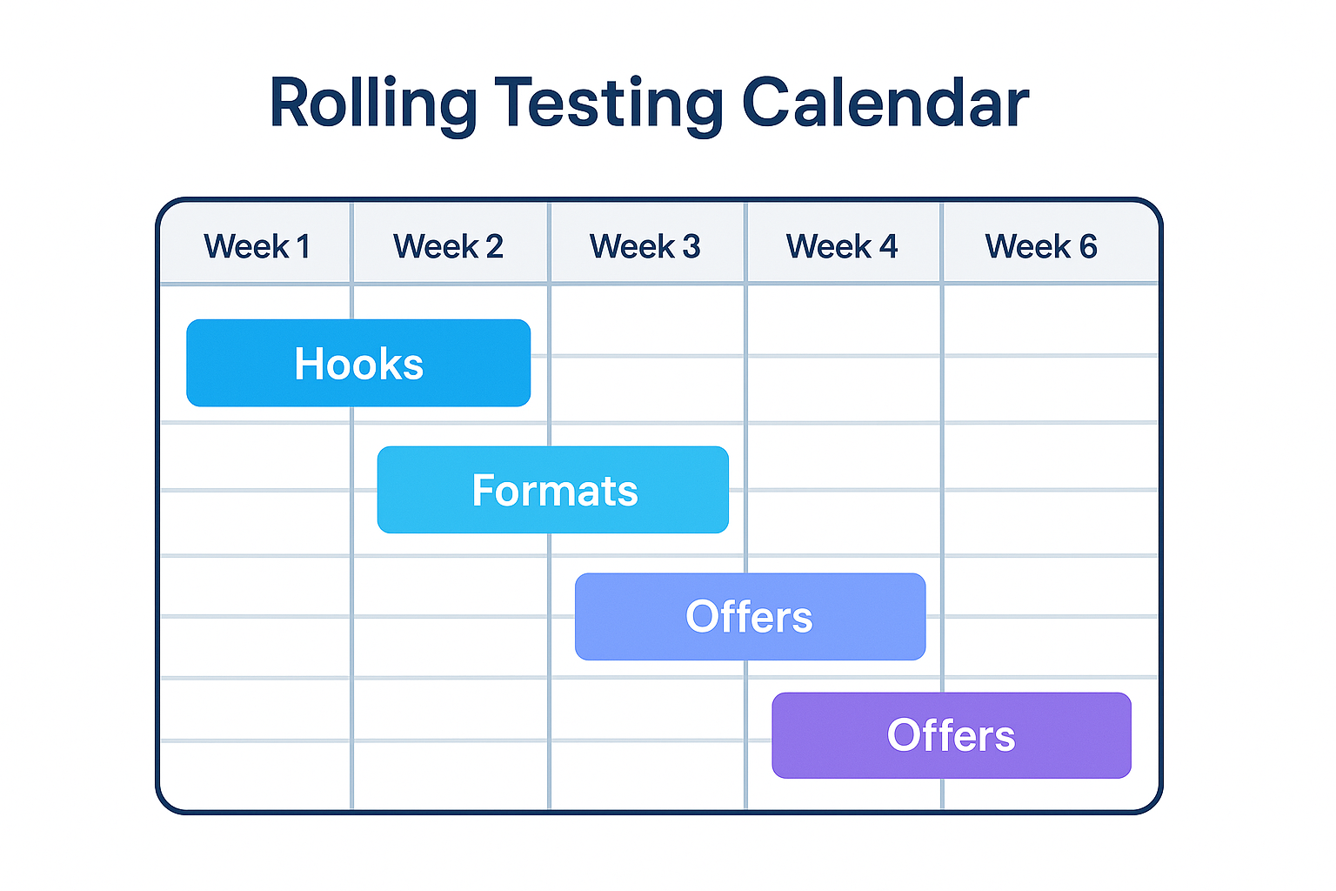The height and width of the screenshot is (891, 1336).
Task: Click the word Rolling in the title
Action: [373, 104]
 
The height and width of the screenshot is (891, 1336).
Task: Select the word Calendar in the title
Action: [885, 104]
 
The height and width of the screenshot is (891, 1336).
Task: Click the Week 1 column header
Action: [257, 246]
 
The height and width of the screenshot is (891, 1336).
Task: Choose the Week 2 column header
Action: [448, 246]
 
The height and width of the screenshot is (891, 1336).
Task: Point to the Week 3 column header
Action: [645, 246]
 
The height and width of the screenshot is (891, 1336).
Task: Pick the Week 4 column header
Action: [841, 246]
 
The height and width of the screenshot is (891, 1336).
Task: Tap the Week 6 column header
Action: [1040, 246]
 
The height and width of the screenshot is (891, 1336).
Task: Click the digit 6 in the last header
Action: [1088, 246]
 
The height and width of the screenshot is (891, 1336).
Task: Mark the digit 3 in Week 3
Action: [691, 246]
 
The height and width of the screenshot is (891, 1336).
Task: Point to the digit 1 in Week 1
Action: [304, 246]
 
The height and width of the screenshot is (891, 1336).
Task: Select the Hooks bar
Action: [358, 363]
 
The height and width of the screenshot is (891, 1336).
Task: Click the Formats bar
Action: [553, 490]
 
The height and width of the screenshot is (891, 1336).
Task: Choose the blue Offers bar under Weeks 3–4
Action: [750, 616]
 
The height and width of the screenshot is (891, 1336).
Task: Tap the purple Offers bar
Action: [952, 735]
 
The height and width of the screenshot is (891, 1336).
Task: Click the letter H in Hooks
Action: [309, 363]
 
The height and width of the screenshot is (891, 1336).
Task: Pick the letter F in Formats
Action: [484, 490]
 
